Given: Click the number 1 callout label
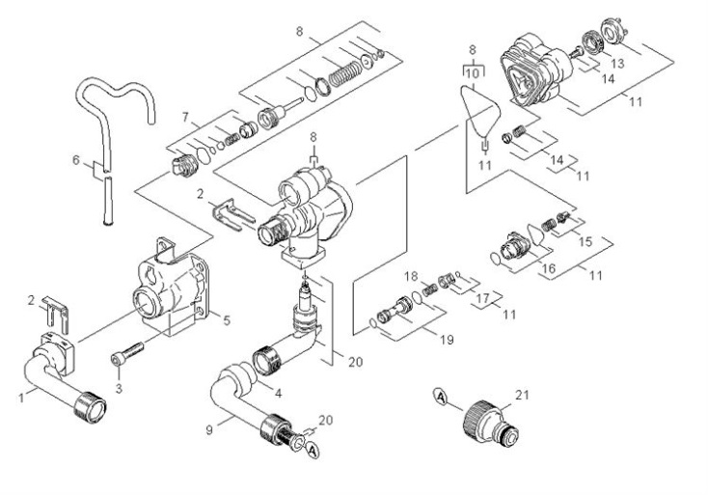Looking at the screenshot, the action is point(21,398).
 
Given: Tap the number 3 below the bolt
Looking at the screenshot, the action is point(119,389).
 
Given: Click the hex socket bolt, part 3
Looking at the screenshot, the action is point(127,353).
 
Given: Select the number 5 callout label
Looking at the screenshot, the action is point(227,320).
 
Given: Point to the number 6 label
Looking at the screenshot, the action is point(76,160).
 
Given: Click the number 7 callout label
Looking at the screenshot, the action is point(185,118).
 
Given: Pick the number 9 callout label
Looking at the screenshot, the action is point(209,430).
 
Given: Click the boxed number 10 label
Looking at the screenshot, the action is point(472,73).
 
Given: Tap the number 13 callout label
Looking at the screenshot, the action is point(617,64).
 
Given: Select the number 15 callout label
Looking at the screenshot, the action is point(585,241).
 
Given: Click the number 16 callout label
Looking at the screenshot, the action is point(549,268).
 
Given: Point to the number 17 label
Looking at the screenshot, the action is point(482,298).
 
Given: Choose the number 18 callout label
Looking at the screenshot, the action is point(411,276).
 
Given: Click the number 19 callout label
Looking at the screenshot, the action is point(447,340).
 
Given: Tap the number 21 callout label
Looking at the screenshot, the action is point(522,395).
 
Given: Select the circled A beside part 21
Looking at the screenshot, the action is point(441,398).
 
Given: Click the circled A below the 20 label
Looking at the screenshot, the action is point(313,451).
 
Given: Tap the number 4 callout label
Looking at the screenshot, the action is point(279,394).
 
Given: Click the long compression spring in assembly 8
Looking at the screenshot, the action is point(345,73).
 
